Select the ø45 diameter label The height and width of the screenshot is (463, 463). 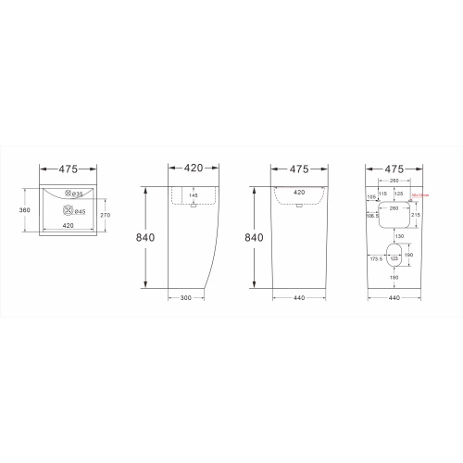pos(81,212)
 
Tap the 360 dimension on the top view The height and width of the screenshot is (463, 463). pos(26,210)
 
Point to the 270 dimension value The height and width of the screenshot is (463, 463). pos(106,215)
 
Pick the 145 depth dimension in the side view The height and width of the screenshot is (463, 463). pos(193,195)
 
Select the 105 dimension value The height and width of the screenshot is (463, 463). pos(371,196)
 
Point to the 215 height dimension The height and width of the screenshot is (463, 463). pos(417,215)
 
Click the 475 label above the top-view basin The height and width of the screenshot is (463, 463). pos(57,169)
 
